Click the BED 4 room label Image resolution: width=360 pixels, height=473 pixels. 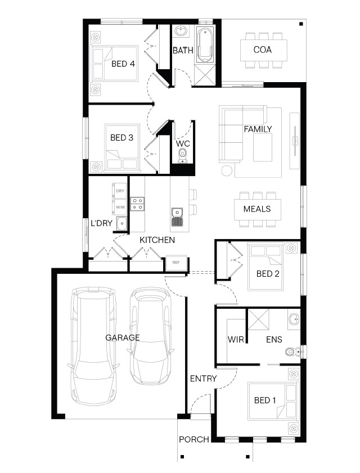(123, 64)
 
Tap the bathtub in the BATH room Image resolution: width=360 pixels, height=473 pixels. (205, 44)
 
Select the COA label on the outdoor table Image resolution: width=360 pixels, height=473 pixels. (263, 49)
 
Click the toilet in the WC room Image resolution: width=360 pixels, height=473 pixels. (182, 155)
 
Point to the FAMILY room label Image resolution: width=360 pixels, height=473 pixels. (258, 129)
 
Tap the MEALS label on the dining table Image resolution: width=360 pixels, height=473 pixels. (257, 209)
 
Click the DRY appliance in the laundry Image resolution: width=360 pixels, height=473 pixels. (120, 191)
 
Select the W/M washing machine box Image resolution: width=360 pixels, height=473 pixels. (120, 207)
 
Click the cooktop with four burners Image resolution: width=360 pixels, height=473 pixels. (137, 204)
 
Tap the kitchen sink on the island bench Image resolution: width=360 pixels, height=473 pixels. (177, 217)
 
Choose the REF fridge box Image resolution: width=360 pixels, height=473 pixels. (176, 263)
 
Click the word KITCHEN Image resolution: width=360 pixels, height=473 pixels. (157, 240)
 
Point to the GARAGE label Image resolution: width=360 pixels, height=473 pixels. (123, 337)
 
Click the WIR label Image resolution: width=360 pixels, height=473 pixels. (236, 339)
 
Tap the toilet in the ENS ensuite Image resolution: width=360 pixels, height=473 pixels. (292, 352)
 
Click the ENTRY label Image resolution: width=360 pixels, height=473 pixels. (204, 379)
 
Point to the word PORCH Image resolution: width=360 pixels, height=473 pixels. (194, 439)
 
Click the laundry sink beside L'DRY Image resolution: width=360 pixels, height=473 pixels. (121, 223)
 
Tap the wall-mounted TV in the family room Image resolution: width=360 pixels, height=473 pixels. (295, 141)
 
